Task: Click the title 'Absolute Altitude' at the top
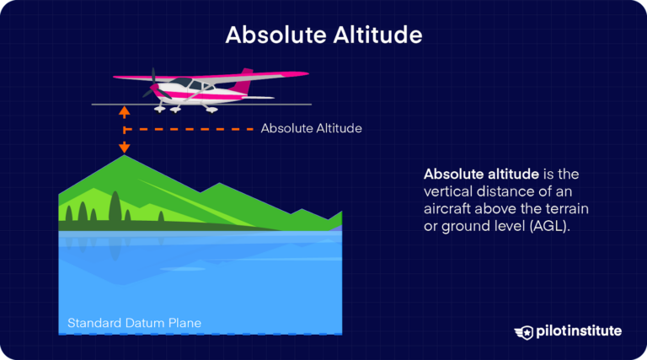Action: (x=323, y=35)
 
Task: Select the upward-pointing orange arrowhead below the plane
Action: (x=125, y=110)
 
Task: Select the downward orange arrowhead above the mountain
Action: (x=125, y=148)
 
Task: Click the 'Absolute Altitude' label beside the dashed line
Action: (x=311, y=129)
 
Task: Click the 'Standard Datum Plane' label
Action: (x=134, y=323)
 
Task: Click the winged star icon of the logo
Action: (x=523, y=330)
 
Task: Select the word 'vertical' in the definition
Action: (x=448, y=191)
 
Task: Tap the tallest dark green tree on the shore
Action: (x=112, y=205)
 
